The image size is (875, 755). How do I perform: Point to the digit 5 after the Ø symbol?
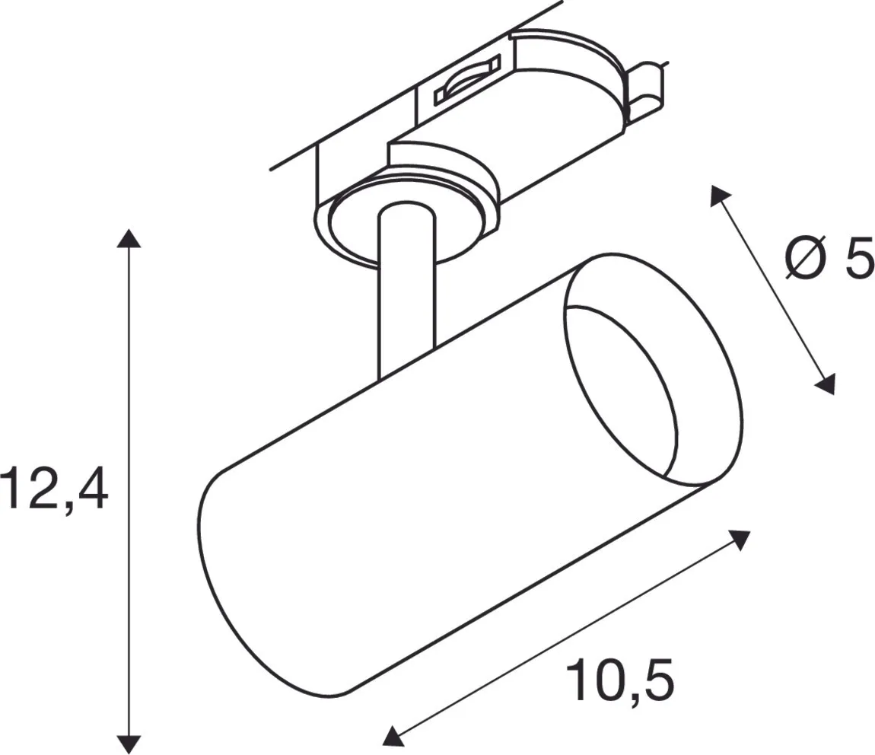point(857,258)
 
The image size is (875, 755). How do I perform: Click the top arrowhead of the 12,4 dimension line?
point(129,237)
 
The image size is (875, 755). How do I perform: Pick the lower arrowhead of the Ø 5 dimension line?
point(826,384)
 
